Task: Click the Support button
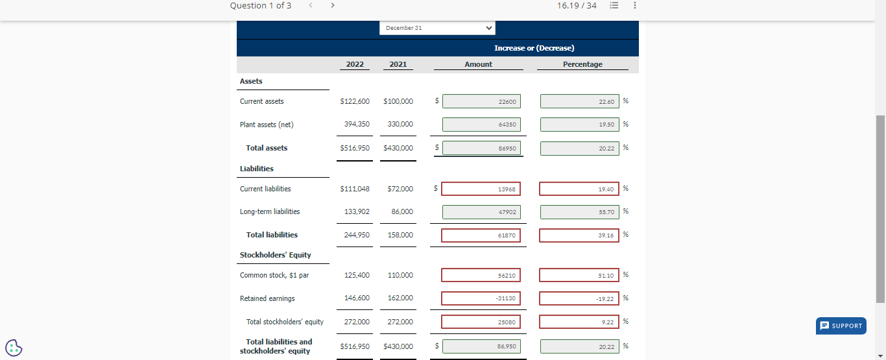click(x=841, y=326)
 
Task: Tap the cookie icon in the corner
click(x=14, y=348)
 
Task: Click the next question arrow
click(x=333, y=6)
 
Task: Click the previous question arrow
click(x=310, y=6)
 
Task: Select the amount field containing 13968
click(x=481, y=189)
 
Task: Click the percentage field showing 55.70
click(x=579, y=212)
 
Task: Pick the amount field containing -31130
click(x=481, y=298)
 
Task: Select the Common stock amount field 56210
click(x=481, y=275)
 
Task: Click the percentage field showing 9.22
click(x=579, y=322)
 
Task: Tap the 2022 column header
click(x=355, y=64)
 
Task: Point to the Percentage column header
click(x=582, y=64)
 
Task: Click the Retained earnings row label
click(x=267, y=298)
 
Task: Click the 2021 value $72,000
click(x=400, y=189)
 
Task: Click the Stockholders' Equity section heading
click(x=276, y=255)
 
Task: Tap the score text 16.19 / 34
click(x=577, y=6)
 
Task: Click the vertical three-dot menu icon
click(x=634, y=6)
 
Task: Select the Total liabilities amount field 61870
click(x=481, y=235)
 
